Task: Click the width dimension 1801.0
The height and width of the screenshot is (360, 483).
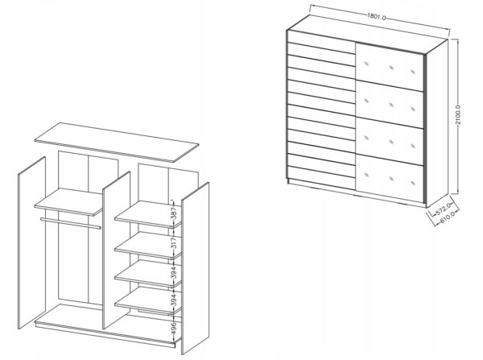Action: point(376,16)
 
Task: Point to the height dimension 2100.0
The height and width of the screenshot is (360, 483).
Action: point(458,114)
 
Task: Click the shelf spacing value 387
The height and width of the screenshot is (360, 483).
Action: point(174,213)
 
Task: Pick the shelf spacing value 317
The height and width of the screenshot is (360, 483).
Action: point(174,243)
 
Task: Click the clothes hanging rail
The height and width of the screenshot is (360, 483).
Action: point(71,223)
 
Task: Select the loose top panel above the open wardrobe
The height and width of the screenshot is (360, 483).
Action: point(117,142)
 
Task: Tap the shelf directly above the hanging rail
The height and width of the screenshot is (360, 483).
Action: point(68,202)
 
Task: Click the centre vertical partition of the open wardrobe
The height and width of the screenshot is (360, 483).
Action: point(117,250)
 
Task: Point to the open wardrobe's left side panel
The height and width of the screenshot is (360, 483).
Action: point(31,242)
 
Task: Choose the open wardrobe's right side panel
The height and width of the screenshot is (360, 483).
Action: point(196,268)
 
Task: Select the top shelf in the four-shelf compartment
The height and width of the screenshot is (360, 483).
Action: point(148,214)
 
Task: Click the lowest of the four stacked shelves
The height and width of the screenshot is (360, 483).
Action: point(148,300)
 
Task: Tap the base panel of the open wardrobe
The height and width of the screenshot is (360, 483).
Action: point(105,325)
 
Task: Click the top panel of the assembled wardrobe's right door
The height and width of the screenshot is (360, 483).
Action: point(390,67)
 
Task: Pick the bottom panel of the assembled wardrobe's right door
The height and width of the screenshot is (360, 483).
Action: point(390,179)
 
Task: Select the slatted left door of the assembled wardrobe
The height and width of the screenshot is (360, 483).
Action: point(321,109)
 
